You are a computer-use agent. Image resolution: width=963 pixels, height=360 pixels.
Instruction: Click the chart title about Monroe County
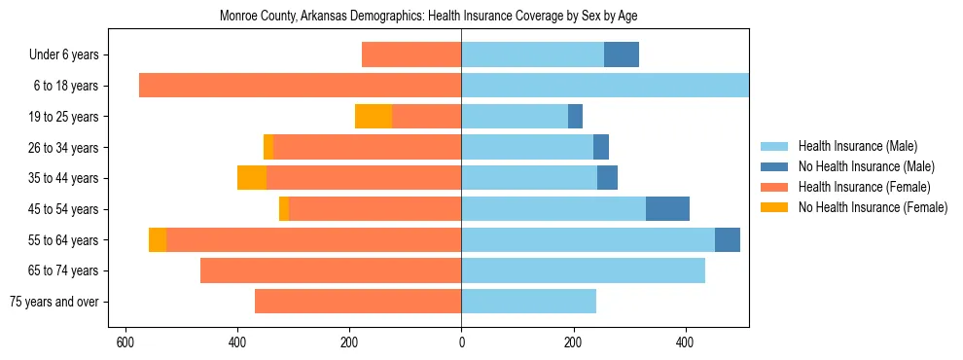[428, 17]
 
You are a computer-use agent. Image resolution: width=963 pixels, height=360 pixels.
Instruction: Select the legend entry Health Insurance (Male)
[857, 146]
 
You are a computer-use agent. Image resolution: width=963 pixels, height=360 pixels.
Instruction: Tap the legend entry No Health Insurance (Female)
[873, 207]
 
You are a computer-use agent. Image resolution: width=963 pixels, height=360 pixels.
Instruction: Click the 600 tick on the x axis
[125, 342]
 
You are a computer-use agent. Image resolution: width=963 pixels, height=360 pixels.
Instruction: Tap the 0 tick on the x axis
[461, 342]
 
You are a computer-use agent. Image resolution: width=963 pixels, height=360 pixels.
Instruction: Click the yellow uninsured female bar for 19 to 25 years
[374, 117]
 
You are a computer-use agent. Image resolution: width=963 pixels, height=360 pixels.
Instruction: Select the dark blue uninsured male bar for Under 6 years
[622, 55]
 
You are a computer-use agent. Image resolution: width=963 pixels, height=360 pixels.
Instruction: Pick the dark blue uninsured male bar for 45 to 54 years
[667, 209]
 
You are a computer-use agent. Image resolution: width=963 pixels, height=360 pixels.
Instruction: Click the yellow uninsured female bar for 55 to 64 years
[158, 240]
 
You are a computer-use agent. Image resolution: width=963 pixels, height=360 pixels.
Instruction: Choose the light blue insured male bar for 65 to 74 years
[583, 270]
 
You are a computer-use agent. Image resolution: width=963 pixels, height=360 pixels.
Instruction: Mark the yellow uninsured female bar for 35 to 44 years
[252, 178]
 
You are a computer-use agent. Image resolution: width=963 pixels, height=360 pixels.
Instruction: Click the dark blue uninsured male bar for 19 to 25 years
[575, 117]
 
